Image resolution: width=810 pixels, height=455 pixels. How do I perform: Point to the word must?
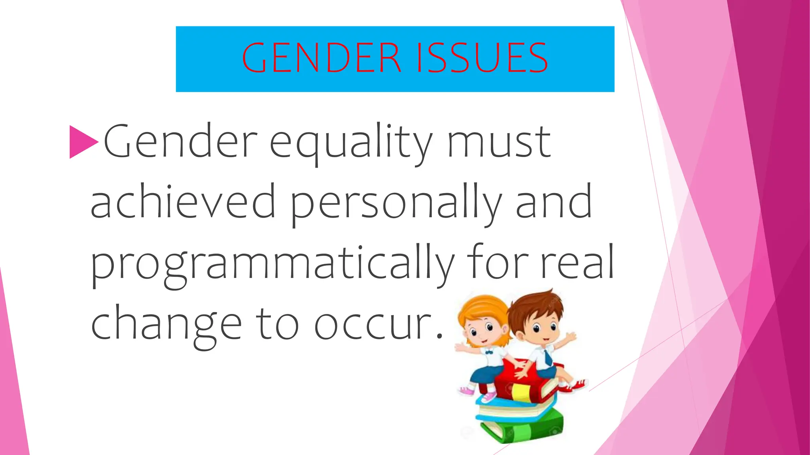click(499, 142)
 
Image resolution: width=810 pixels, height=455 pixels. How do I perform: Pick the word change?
click(166, 324)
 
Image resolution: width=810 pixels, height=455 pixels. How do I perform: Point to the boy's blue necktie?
click(548, 357)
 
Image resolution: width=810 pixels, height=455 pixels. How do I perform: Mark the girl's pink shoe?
click(467, 391)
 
